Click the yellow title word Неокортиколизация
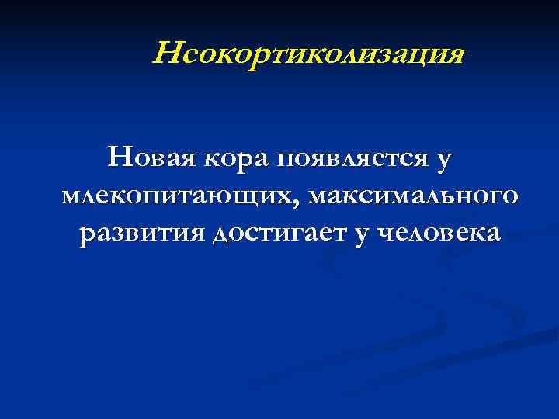pos(309,55)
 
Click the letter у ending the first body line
pos(443,161)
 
